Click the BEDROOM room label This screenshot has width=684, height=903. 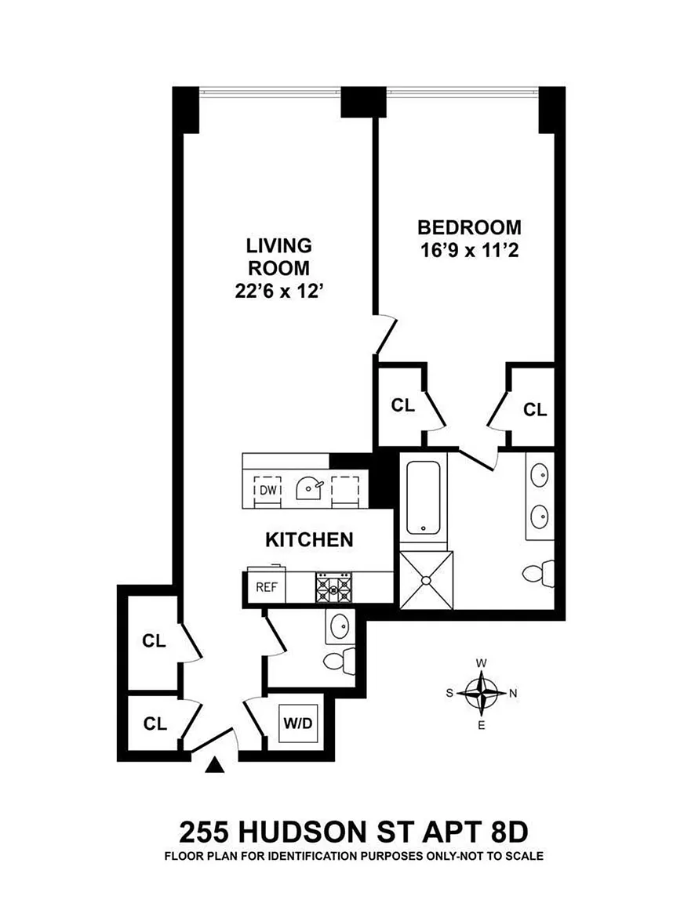tap(469, 227)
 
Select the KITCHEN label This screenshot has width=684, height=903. tap(309, 539)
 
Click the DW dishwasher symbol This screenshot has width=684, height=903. tap(268, 489)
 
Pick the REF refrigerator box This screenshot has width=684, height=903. tap(267, 587)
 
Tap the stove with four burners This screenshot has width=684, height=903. tap(333, 587)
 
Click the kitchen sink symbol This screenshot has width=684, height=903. tap(309, 489)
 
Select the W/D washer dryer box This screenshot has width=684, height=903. tap(297, 722)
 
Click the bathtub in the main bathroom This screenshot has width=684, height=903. tap(424, 498)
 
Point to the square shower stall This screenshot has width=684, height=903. tap(427, 579)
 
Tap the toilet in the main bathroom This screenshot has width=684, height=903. tap(538, 574)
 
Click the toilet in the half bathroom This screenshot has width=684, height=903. tap(340, 660)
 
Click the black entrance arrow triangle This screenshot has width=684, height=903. tap(214, 764)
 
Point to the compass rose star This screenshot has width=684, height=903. tap(481, 694)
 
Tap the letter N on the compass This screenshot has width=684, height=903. tap(513, 694)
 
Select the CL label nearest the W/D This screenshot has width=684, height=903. tap(155, 723)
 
